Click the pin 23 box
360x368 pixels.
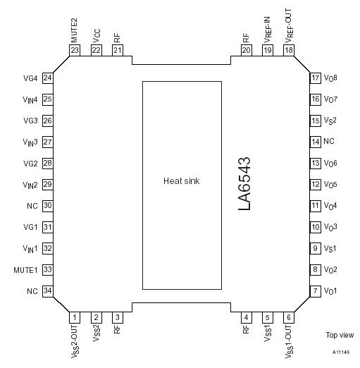pos(75,50)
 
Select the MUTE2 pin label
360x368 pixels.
pos(75,30)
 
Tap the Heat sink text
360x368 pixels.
pos(182,181)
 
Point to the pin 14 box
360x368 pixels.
pos(315,142)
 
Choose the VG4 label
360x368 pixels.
pos(30,78)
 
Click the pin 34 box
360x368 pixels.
pos(48,291)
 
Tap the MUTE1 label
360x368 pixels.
pos(25,270)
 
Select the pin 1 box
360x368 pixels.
pos(75,318)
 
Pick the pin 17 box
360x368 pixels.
pos(315,78)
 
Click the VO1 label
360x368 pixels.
pos(330,291)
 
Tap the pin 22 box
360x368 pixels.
pos(96,50)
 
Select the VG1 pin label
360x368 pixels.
pos(30,227)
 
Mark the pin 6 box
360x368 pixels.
pos(289,318)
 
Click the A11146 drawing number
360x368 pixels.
pos(341,350)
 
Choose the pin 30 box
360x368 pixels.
pos(48,206)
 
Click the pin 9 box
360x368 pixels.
pos(315,248)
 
